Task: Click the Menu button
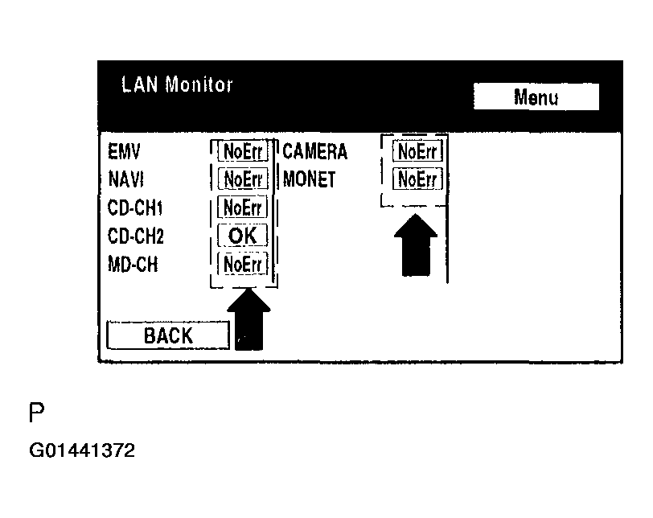click(536, 97)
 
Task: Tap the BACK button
click(168, 335)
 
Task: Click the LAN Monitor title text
click(177, 84)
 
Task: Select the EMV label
click(124, 150)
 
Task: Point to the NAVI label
click(125, 179)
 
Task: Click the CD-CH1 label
click(135, 208)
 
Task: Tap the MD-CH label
click(133, 263)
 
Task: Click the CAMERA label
click(314, 150)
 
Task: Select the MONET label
click(309, 179)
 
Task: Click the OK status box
click(242, 235)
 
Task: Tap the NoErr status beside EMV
click(242, 150)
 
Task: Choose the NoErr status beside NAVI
click(242, 179)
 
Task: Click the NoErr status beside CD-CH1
click(242, 207)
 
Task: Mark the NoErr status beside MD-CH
click(242, 263)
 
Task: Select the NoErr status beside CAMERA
click(417, 150)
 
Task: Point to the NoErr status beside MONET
click(417, 179)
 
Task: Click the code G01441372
click(81, 450)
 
